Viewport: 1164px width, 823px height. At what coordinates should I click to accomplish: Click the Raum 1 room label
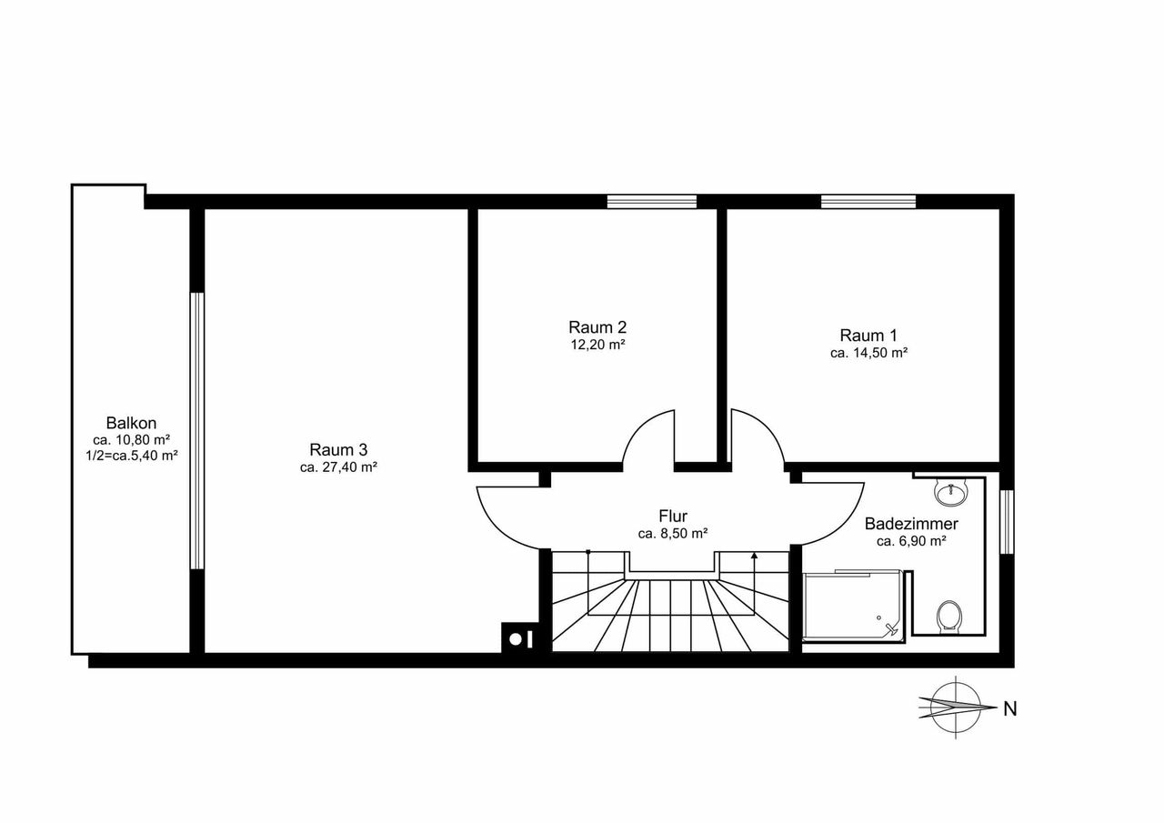(868, 336)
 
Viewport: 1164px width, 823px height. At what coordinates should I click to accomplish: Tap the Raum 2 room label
(597, 327)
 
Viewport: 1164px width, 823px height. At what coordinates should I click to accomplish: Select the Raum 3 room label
(338, 449)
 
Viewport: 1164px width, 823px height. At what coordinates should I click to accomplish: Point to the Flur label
(673, 516)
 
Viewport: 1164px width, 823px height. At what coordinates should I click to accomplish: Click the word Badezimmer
(911, 524)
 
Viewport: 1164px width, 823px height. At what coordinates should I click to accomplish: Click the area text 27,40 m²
(349, 467)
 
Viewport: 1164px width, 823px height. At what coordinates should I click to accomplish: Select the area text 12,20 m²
(597, 345)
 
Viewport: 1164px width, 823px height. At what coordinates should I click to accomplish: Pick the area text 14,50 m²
(879, 353)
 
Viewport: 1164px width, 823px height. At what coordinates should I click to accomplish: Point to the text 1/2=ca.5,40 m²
(132, 457)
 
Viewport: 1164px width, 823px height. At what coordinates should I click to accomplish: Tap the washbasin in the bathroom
(951, 492)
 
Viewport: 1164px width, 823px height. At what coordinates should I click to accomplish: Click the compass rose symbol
(956, 708)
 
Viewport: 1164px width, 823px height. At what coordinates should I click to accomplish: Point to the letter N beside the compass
(1009, 709)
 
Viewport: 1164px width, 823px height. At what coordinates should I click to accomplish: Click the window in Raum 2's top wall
(652, 202)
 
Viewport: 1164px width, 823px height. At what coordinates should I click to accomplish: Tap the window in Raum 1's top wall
(868, 202)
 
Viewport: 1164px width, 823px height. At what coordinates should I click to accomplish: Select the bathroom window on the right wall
(1007, 522)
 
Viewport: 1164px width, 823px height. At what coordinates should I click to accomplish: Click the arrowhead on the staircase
(754, 556)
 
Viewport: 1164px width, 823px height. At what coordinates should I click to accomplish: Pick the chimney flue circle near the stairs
(515, 639)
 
